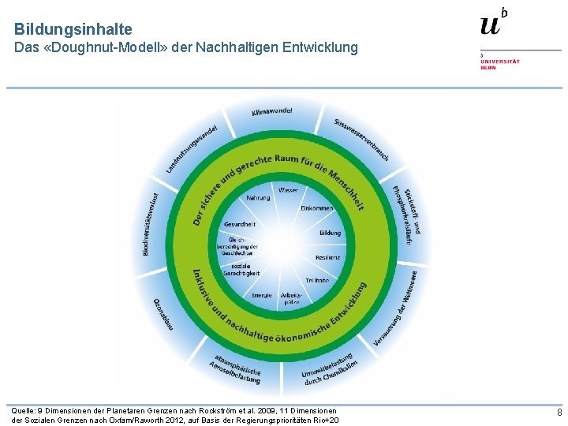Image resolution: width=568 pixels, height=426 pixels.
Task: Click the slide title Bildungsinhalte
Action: [73, 29]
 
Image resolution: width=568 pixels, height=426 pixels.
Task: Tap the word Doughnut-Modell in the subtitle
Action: [110, 48]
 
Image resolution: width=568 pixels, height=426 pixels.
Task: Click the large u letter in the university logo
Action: [490, 24]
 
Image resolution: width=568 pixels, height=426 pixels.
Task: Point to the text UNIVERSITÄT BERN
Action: [500, 63]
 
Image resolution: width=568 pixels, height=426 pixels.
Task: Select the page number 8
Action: [559, 413]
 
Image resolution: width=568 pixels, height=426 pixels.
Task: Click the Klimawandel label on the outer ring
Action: [272, 112]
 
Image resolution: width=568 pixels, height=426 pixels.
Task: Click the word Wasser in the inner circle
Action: [288, 191]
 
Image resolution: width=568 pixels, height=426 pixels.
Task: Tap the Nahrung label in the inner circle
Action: [258, 198]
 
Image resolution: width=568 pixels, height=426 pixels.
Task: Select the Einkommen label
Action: [316, 208]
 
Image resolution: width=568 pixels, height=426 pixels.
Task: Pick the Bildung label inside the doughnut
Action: [330, 234]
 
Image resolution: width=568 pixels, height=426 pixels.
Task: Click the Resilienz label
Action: [327, 258]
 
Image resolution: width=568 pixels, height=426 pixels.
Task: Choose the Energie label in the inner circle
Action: [261, 296]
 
